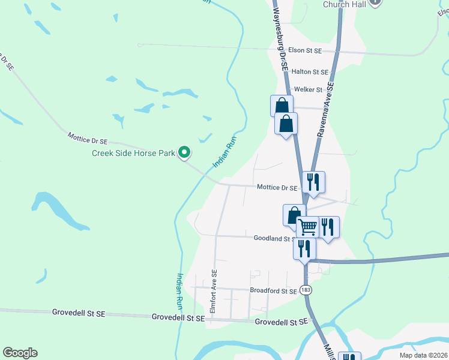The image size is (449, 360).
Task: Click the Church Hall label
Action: (x=344, y=4)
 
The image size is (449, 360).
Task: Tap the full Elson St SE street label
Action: (x=305, y=51)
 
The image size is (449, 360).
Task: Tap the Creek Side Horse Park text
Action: (x=133, y=153)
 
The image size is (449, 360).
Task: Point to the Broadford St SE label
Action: (x=273, y=291)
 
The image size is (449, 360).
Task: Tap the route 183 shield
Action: (x=306, y=290)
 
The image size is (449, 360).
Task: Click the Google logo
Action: (x=20, y=353)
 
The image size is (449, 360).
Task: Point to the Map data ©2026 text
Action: (x=423, y=355)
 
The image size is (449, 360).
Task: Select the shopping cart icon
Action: (x=307, y=227)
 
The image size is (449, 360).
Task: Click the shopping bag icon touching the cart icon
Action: (x=294, y=215)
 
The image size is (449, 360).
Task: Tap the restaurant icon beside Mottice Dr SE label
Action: (x=313, y=182)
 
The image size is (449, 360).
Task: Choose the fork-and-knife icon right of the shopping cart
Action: (x=328, y=227)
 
